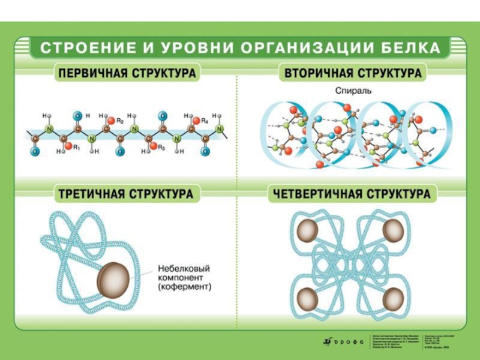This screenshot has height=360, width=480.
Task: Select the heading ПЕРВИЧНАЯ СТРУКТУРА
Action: point(127,74)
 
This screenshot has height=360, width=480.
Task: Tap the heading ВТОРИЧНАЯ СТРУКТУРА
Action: point(353,74)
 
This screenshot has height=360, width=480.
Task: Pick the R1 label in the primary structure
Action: point(77,147)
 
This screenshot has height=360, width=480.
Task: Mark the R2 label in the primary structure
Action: point(120,121)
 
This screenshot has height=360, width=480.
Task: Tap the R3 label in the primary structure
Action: point(161,147)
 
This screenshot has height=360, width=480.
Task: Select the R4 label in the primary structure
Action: point(205,121)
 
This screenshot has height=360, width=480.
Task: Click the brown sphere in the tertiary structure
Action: point(113,277)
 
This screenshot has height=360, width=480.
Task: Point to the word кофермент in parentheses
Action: point(185,288)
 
